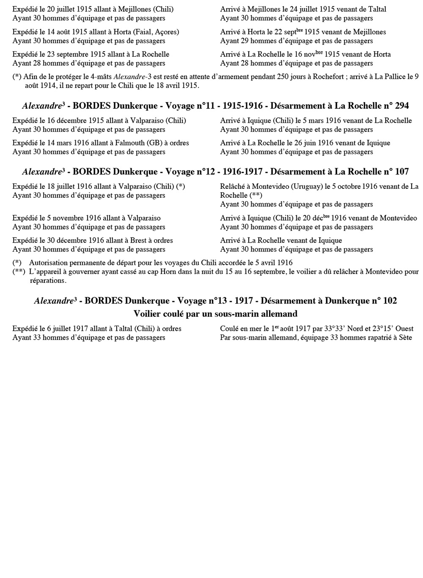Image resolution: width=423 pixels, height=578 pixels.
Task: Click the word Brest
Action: tap(138, 241)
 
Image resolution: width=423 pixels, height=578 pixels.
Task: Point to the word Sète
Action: tap(405, 337)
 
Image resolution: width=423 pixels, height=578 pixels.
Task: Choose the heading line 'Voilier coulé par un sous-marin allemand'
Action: tap(215, 314)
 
